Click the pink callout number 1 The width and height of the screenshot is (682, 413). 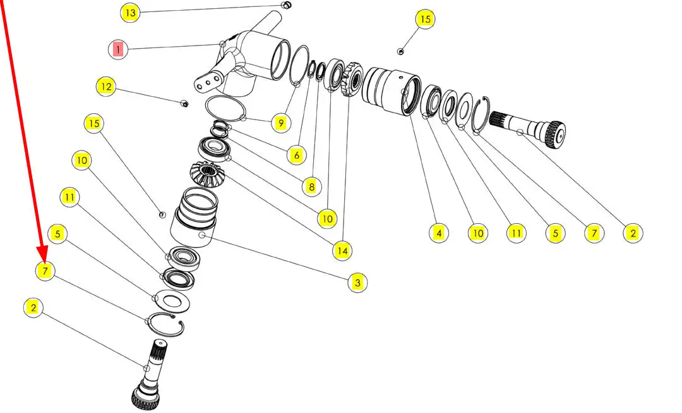[118, 49]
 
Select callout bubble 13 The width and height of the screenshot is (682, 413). [130, 13]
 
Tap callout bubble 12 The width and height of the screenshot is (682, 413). [106, 86]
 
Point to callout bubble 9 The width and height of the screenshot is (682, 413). [281, 123]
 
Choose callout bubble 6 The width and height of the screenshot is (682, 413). [297, 155]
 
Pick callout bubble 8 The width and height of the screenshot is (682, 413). [311, 187]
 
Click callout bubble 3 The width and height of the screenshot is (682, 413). [357, 282]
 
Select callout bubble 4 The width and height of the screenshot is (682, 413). [439, 233]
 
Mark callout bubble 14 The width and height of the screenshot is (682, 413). [342, 250]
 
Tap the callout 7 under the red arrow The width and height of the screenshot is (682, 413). [45, 271]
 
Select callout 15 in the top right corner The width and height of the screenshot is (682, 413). [425, 19]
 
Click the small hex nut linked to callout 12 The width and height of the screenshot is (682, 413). [184, 103]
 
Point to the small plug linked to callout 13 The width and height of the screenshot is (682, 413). [286, 5]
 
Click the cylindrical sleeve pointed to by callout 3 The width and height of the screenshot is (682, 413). [195, 217]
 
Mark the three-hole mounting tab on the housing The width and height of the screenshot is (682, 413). [209, 81]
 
